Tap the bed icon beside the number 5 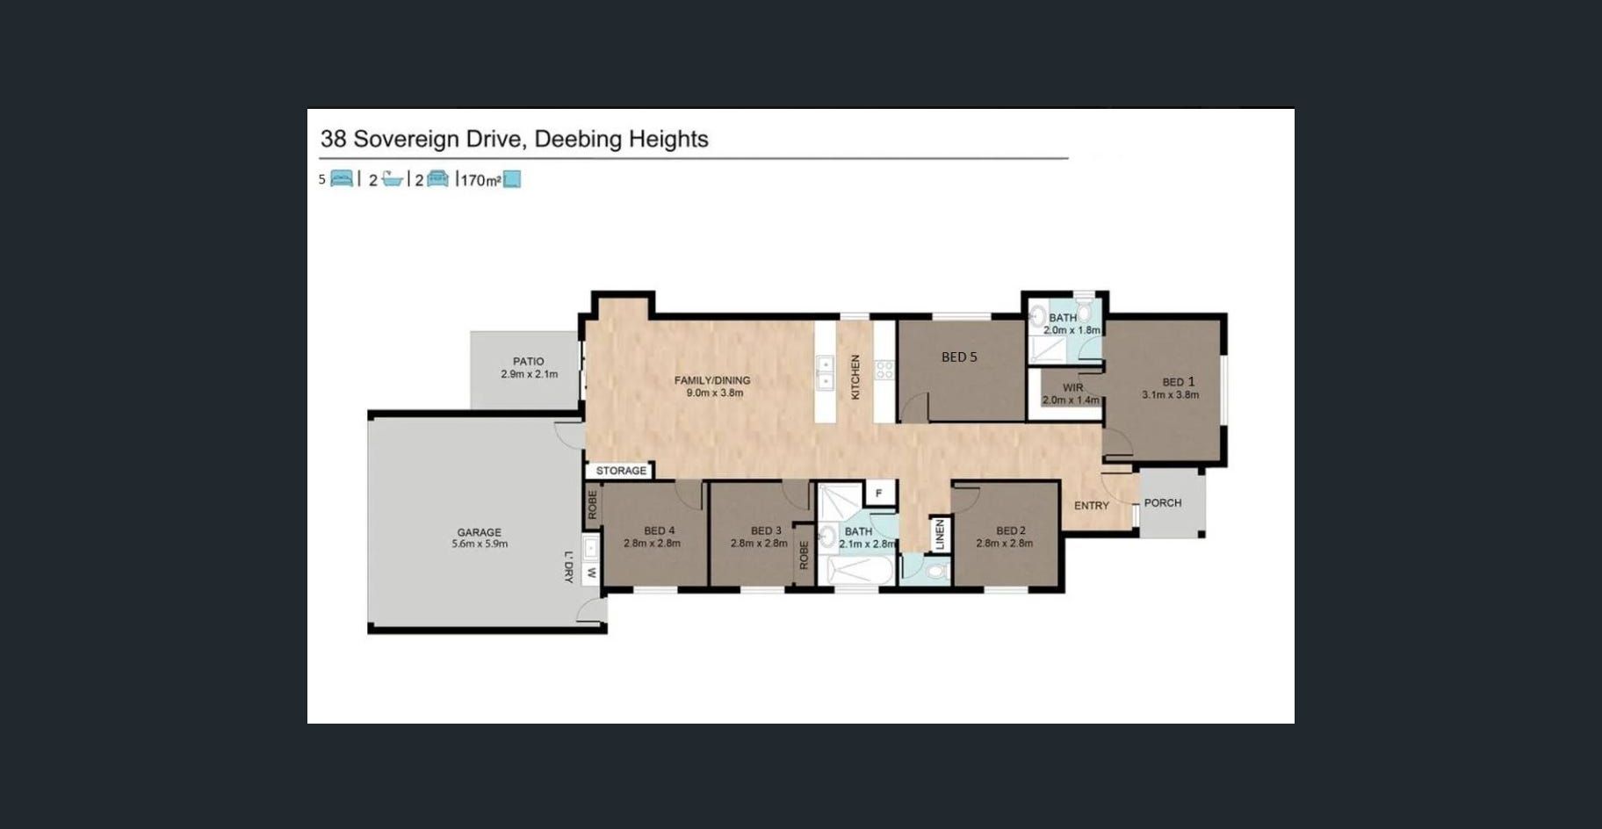[342, 179]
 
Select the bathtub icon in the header [392, 179]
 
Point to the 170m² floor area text [480, 180]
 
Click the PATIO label [529, 361]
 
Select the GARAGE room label [480, 532]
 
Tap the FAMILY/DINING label [712, 380]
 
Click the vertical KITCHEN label [855, 377]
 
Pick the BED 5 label [959, 357]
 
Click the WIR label [1072, 387]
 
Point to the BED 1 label [1179, 382]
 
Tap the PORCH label [1163, 503]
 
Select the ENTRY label [1092, 506]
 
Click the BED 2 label [1011, 530]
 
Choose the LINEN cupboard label [940, 535]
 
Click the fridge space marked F [878, 494]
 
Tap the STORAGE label [621, 471]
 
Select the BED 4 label [660, 530]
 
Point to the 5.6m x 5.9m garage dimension [480, 544]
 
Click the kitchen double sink [825, 372]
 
